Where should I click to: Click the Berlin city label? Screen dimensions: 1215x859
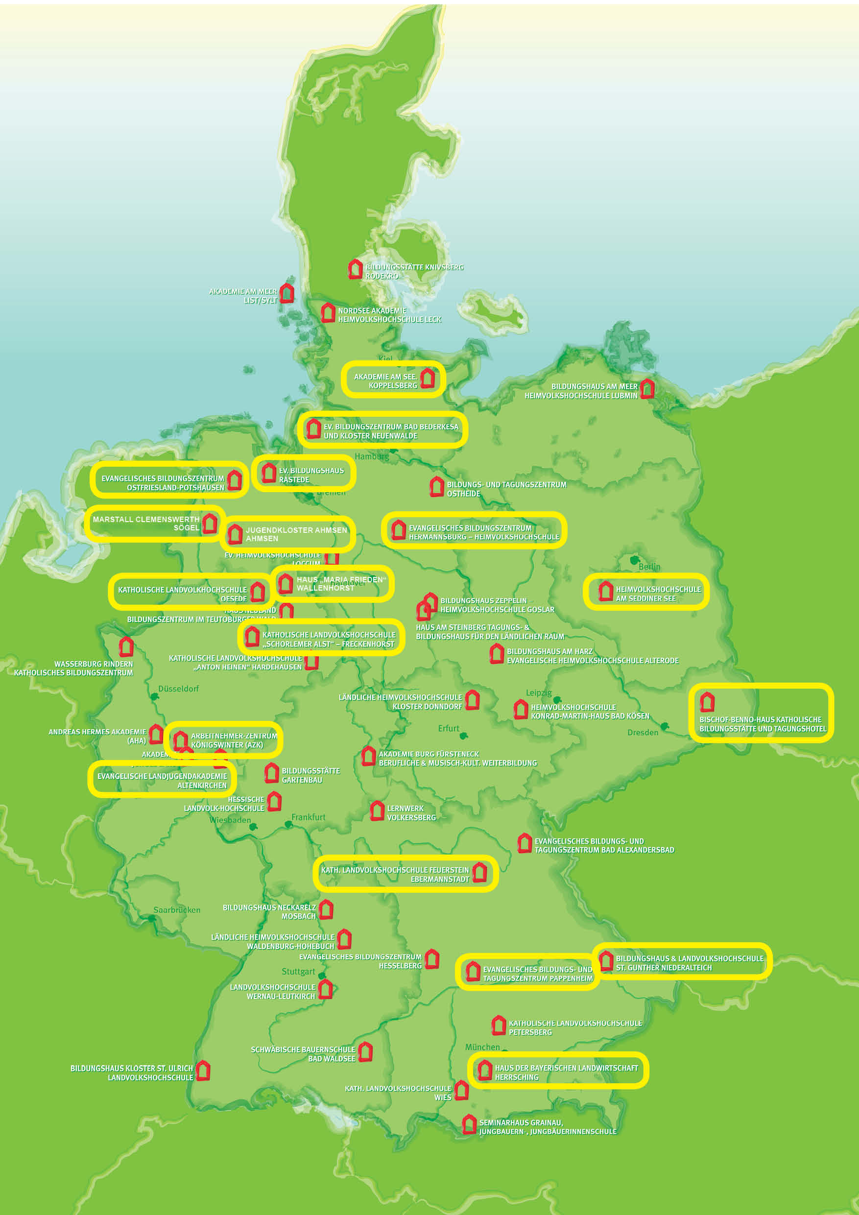click(649, 567)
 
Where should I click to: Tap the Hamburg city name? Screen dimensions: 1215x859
click(372, 456)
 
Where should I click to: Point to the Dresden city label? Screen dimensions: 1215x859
click(643, 733)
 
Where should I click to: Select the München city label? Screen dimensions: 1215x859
click(482, 1047)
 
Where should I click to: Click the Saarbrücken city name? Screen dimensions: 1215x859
click(177, 910)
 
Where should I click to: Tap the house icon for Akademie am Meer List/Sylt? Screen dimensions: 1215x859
click(287, 293)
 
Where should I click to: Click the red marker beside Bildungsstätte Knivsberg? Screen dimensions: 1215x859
click(355, 269)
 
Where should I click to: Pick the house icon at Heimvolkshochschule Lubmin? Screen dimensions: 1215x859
click(647, 389)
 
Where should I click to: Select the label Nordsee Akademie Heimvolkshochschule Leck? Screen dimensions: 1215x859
click(389, 315)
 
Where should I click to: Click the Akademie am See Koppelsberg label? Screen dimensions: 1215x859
click(385, 381)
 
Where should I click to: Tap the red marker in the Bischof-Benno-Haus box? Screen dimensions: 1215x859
click(707, 702)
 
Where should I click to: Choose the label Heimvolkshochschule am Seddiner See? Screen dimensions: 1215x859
click(658, 594)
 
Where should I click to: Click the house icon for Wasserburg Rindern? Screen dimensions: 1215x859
click(126, 646)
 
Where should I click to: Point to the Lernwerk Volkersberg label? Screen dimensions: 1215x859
click(411, 813)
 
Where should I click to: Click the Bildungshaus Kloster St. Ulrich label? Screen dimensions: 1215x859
click(132, 1072)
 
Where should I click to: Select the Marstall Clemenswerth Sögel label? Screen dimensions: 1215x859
click(146, 524)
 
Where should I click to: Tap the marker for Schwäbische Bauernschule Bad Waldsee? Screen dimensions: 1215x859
click(365, 1051)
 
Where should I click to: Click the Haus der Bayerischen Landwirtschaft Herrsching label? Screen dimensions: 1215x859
click(566, 1072)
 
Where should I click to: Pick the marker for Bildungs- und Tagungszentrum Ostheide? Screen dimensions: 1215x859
click(437, 487)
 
